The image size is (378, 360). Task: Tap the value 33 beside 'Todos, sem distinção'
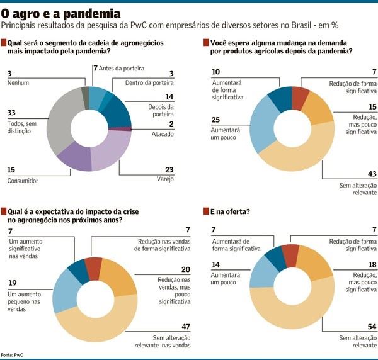click(11, 113)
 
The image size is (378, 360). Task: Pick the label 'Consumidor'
click(23, 180)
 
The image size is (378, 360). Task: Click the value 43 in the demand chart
click(372, 174)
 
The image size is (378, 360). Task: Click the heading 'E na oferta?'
click(230, 211)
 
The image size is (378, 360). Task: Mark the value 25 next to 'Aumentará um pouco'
click(216, 120)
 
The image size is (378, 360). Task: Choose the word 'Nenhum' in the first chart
click(18, 82)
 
